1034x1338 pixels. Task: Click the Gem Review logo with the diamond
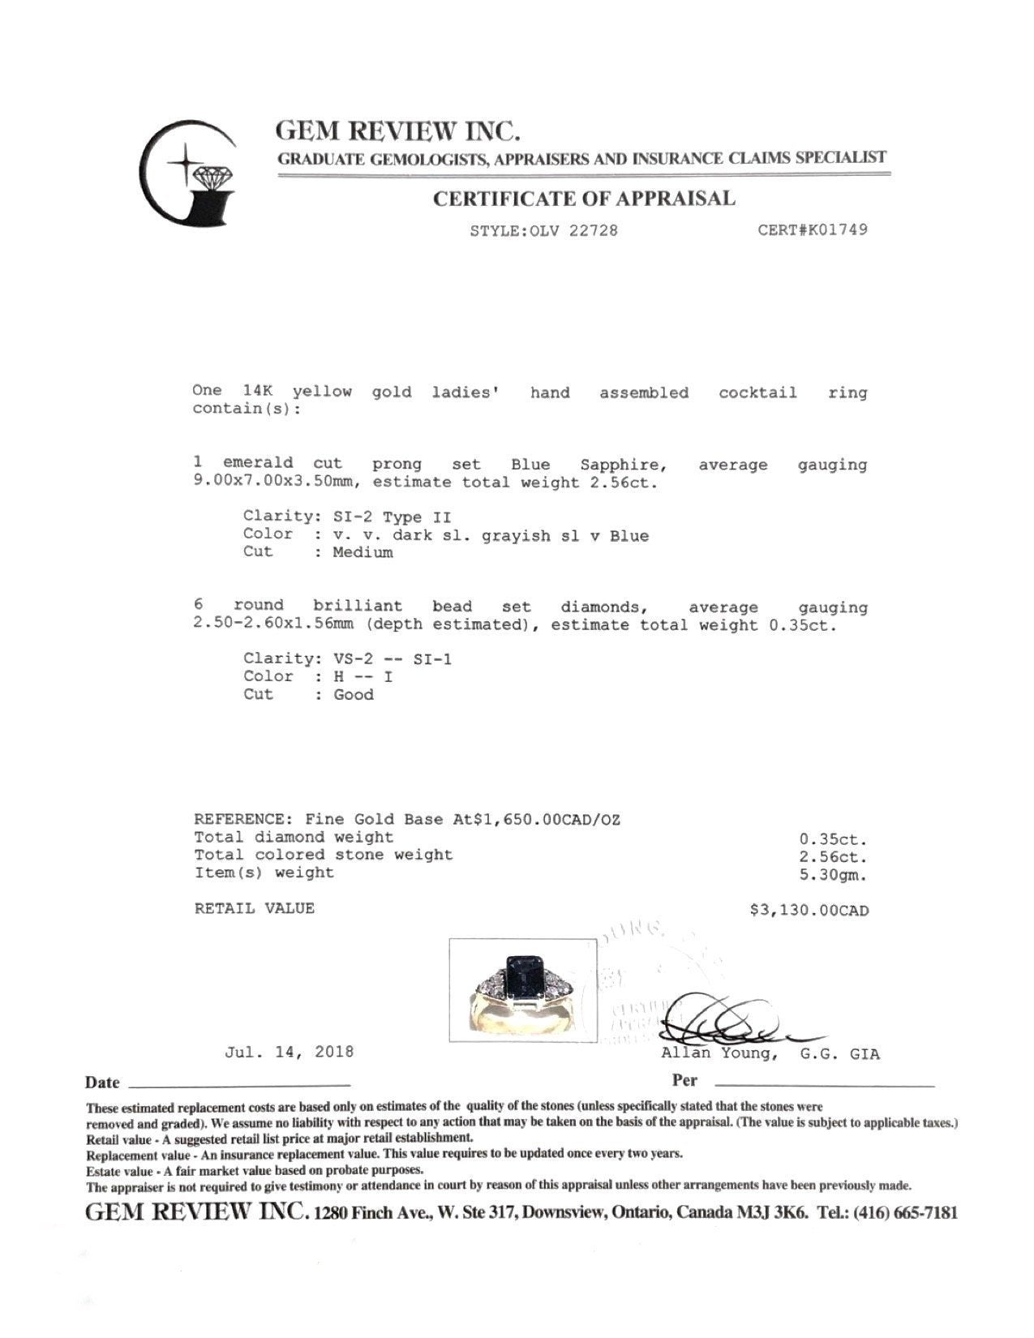coord(189,174)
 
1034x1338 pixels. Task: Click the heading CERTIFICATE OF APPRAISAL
coord(583,199)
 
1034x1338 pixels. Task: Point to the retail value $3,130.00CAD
coord(809,911)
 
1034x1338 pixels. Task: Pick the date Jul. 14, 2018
coord(290,1052)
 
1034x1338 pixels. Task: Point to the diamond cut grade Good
coord(354,694)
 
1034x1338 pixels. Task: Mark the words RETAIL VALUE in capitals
coord(254,908)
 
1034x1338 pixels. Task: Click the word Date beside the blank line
coord(102,1083)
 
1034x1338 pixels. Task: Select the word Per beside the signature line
coord(684,1080)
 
